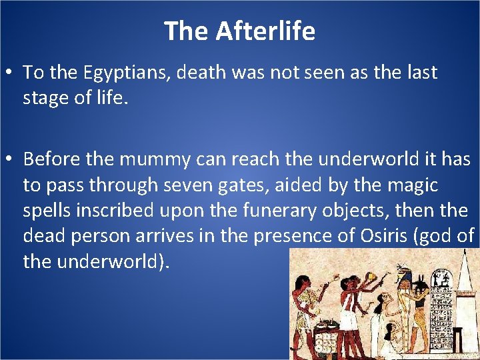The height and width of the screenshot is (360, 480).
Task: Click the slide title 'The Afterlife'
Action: [239, 31]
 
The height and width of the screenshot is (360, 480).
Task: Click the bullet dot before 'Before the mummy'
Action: [11, 160]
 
